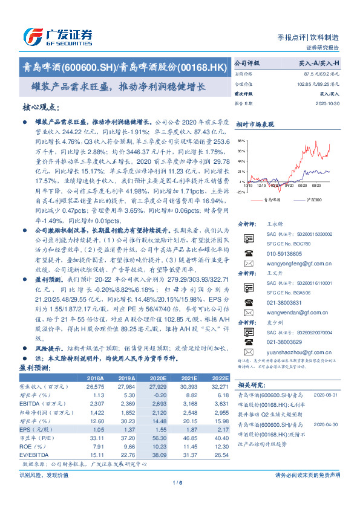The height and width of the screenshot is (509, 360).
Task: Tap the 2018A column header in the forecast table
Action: [x=96, y=377]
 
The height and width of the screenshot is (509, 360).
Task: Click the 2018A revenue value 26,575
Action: [x=96, y=386]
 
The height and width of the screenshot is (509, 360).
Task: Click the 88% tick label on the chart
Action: [x=241, y=140]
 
